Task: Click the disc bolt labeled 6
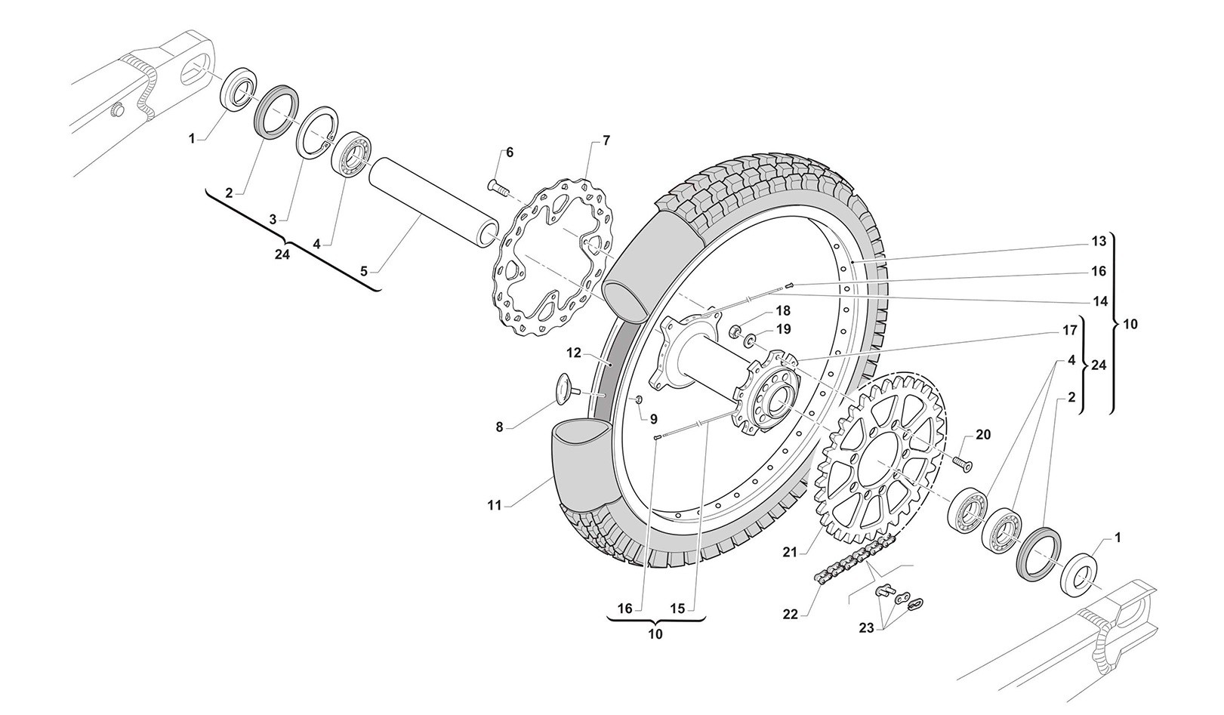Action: [499, 185]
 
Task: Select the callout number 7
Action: [606, 140]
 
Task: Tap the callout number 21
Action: [790, 553]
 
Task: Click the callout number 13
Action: [1099, 242]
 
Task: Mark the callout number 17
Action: [1069, 330]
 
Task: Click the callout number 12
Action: [575, 352]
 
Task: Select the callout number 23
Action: [868, 627]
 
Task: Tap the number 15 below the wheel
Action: [677, 608]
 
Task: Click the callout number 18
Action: [782, 310]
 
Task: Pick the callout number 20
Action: [983, 435]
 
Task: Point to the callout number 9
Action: [653, 418]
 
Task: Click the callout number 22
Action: [790, 615]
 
